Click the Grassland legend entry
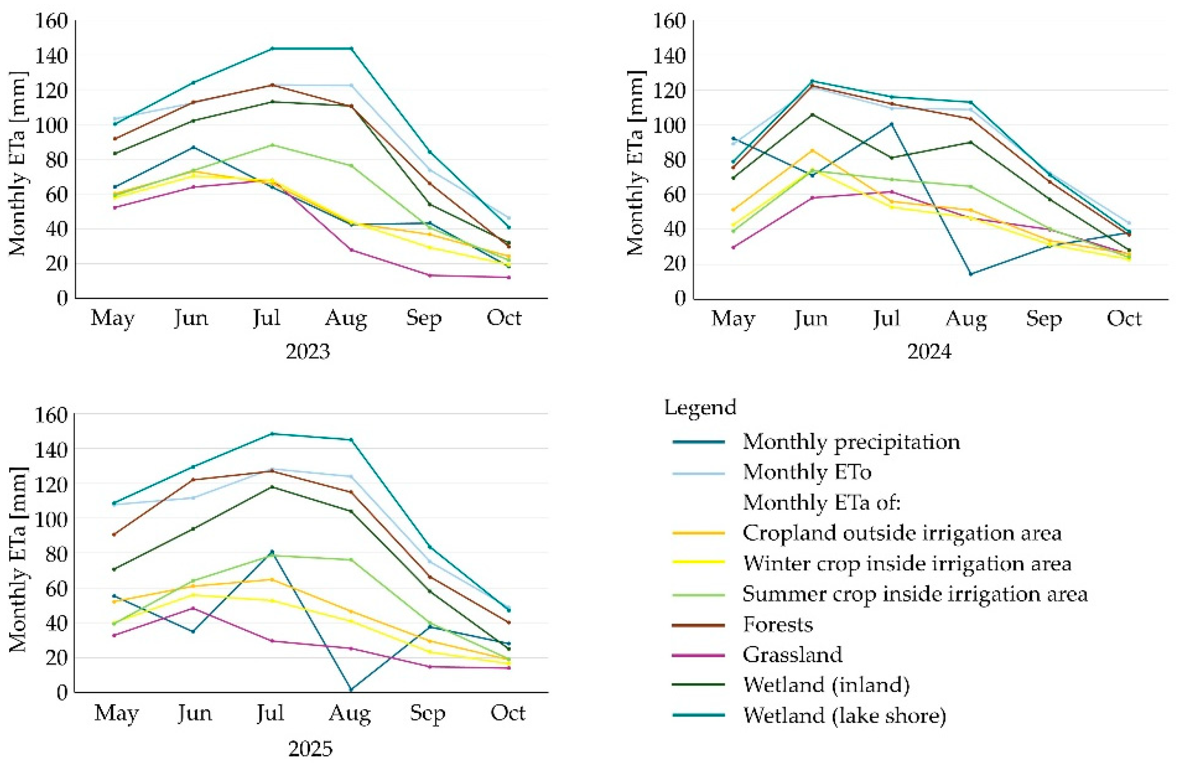tap(792, 654)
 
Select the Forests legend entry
tap(777, 624)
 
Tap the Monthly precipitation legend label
tap(851, 441)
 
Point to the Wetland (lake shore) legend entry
tap(844, 715)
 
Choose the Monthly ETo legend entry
tap(807, 472)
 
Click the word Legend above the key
tap(700, 408)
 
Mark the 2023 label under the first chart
tap(308, 351)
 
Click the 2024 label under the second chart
tap(929, 351)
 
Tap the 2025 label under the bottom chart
tap(310, 749)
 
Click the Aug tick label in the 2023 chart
tap(346, 319)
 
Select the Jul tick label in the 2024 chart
tap(887, 318)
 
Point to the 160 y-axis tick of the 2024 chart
tap(670, 21)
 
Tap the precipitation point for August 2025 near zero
tap(351, 689)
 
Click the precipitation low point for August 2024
tap(970, 274)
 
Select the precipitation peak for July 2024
tap(891, 124)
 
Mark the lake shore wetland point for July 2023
tap(271, 48)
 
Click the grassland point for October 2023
tap(508, 277)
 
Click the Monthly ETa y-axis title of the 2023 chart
tap(18, 164)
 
